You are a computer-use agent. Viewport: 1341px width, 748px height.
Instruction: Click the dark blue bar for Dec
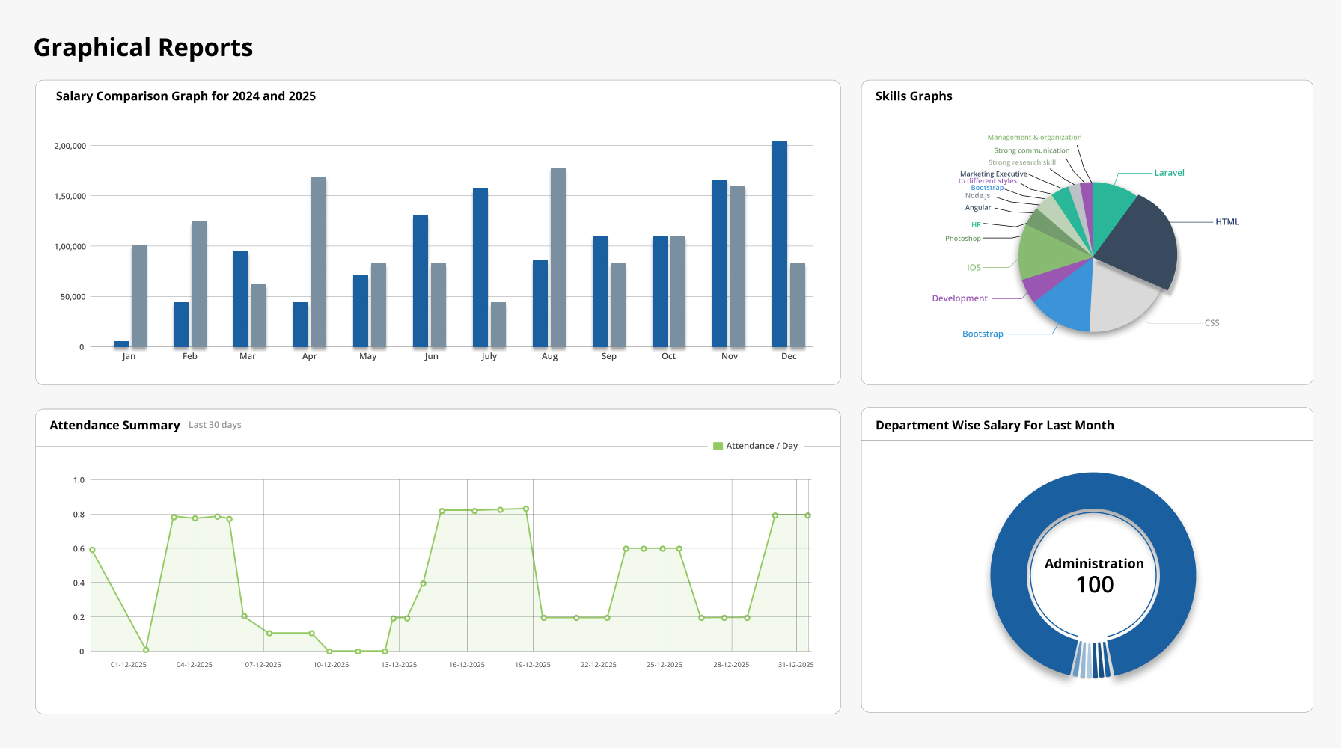[x=779, y=244]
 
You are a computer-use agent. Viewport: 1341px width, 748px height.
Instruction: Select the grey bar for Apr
[x=319, y=262]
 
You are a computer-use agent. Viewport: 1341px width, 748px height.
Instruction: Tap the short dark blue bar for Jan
[x=121, y=344]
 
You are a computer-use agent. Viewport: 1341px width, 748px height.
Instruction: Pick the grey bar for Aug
[x=558, y=257]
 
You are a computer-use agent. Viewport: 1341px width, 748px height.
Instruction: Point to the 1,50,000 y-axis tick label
[x=70, y=196]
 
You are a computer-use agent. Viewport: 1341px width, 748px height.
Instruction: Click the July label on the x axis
[x=489, y=356]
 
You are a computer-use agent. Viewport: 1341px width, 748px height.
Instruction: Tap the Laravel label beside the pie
[x=1169, y=173]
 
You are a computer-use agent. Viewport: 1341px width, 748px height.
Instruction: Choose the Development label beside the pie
[x=959, y=298]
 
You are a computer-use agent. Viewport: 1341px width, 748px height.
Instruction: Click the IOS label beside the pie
[x=974, y=268]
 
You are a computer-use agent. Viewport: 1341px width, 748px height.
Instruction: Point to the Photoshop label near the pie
[x=962, y=239]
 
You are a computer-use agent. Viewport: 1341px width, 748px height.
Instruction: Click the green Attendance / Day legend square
[x=718, y=447]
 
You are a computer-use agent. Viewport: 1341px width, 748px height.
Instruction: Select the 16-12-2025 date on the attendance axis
[x=466, y=665]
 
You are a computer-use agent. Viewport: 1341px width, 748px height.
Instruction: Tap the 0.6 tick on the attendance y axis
[x=79, y=549]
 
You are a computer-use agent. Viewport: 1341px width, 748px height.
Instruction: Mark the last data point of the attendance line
[x=807, y=515]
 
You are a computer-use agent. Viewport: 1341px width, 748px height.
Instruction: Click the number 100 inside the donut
[x=1094, y=585]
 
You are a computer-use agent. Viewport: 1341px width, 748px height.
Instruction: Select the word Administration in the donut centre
[x=1094, y=564]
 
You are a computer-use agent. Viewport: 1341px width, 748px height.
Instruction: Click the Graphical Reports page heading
[x=144, y=48]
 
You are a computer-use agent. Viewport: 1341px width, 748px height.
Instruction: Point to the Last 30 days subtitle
[x=215, y=425]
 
